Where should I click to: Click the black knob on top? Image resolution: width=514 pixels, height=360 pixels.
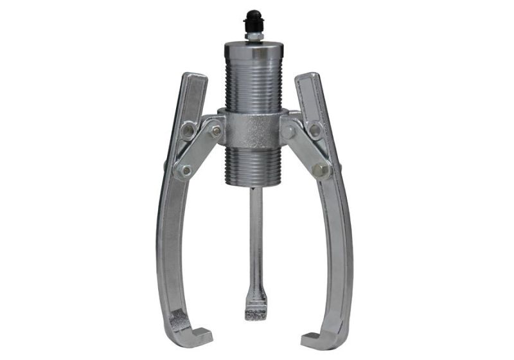[x=252, y=19]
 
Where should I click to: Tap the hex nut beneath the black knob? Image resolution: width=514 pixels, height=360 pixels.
[x=252, y=37]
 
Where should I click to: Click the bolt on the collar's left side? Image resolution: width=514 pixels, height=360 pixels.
[x=217, y=130]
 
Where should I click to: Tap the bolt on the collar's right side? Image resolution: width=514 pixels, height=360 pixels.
[x=290, y=130]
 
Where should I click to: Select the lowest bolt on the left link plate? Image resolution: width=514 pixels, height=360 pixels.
[x=186, y=170]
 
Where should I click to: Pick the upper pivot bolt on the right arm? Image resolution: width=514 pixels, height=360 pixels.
[x=315, y=130]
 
